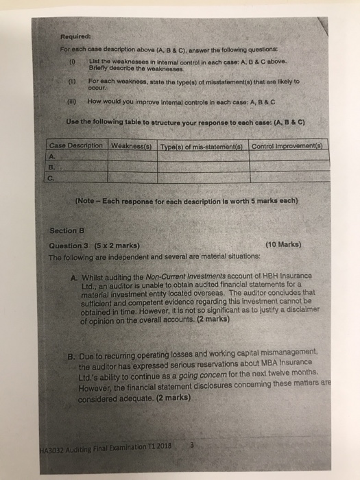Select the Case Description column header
[75, 146]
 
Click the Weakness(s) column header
[132, 146]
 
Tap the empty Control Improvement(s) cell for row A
[287, 155]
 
